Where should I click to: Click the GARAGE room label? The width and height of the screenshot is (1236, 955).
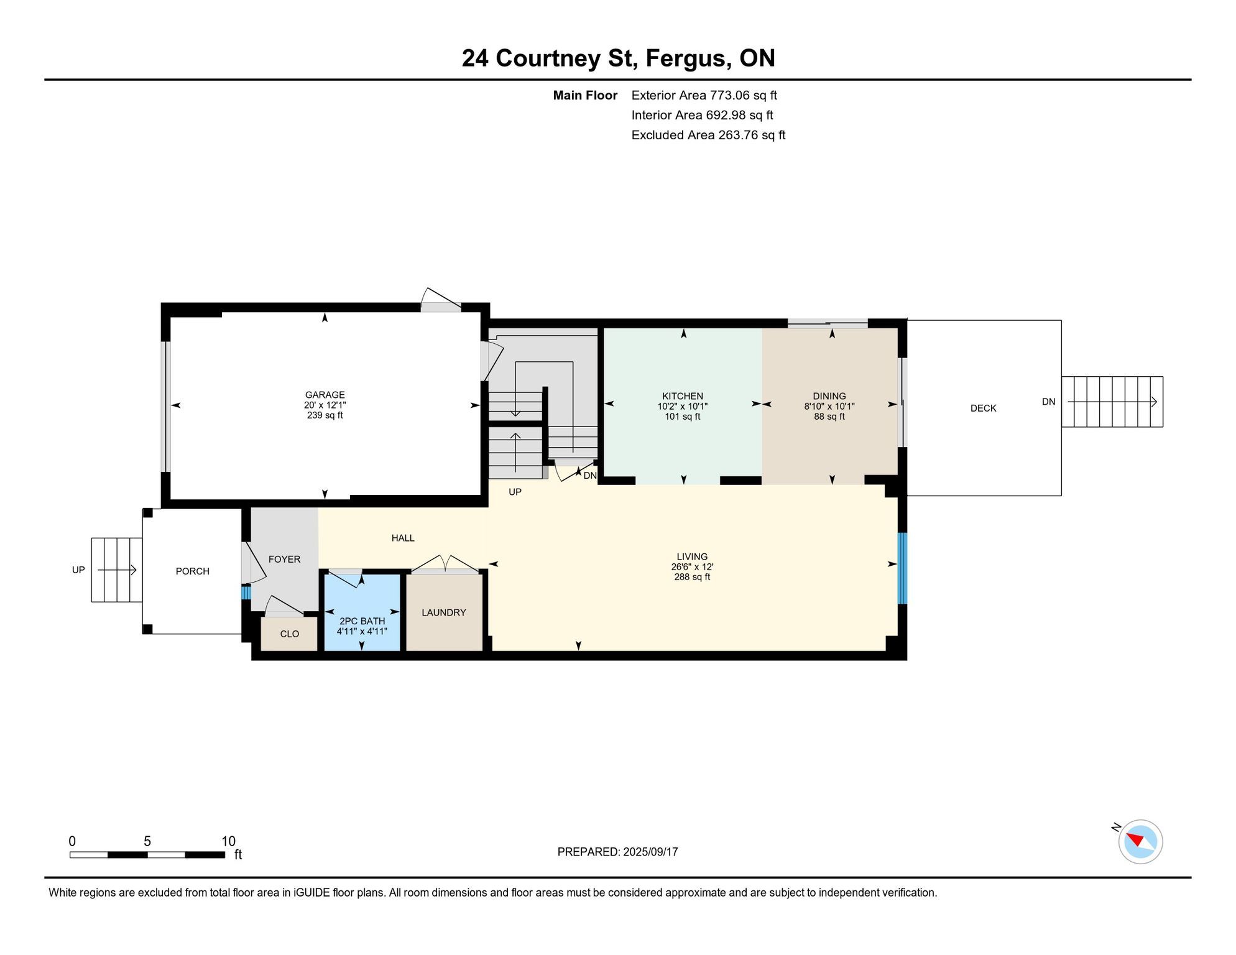325,395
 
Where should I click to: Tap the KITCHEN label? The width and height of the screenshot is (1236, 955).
683,396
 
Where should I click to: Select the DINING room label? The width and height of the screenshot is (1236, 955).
829,396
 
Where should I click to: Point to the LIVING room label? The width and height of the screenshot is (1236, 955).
692,556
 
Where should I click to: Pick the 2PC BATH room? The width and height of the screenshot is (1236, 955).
362,612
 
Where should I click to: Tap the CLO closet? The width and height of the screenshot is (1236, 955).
289,634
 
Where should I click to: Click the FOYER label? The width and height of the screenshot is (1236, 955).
284,559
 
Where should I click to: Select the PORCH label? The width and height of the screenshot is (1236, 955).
193,571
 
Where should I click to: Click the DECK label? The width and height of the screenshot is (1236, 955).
984,408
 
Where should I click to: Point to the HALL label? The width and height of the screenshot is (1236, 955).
403,538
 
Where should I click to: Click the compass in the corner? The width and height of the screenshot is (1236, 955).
1140,842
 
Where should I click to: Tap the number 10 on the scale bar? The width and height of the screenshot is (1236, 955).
228,841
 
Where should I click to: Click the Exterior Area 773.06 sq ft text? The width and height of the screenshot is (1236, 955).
704,95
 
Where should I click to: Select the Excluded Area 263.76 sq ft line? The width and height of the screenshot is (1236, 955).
708,135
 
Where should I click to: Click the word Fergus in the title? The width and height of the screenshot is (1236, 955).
686,58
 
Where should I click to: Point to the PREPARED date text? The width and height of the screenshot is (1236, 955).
617,852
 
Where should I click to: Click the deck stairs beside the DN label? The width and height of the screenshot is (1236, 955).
1112,402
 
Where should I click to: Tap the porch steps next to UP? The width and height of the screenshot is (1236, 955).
117,570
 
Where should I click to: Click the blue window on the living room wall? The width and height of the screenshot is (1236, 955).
902,568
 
